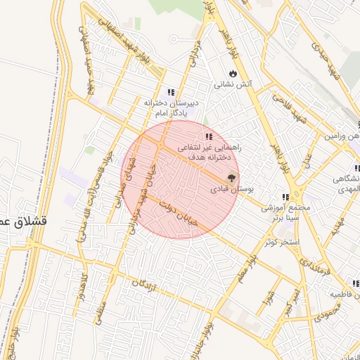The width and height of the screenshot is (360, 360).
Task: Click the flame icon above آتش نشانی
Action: [233, 73]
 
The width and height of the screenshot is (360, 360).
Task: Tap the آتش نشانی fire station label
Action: [233, 84]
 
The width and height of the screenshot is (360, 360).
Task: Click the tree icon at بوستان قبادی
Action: [233, 178]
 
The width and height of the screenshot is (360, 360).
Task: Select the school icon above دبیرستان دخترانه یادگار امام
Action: [170, 92]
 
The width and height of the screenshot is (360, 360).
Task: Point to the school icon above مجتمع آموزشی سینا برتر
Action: [285, 198]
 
